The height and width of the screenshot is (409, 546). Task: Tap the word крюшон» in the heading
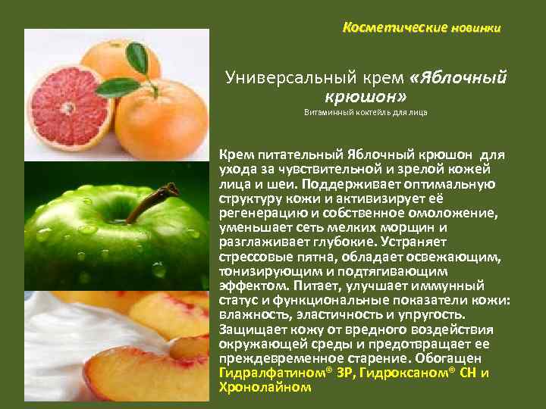coord(366,97)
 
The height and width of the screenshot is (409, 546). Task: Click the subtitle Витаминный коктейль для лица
coord(366,113)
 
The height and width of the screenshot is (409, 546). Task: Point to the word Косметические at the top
coord(384,28)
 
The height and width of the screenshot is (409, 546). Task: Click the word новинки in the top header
coord(475,29)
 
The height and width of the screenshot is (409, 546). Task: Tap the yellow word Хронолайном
coord(265,386)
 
